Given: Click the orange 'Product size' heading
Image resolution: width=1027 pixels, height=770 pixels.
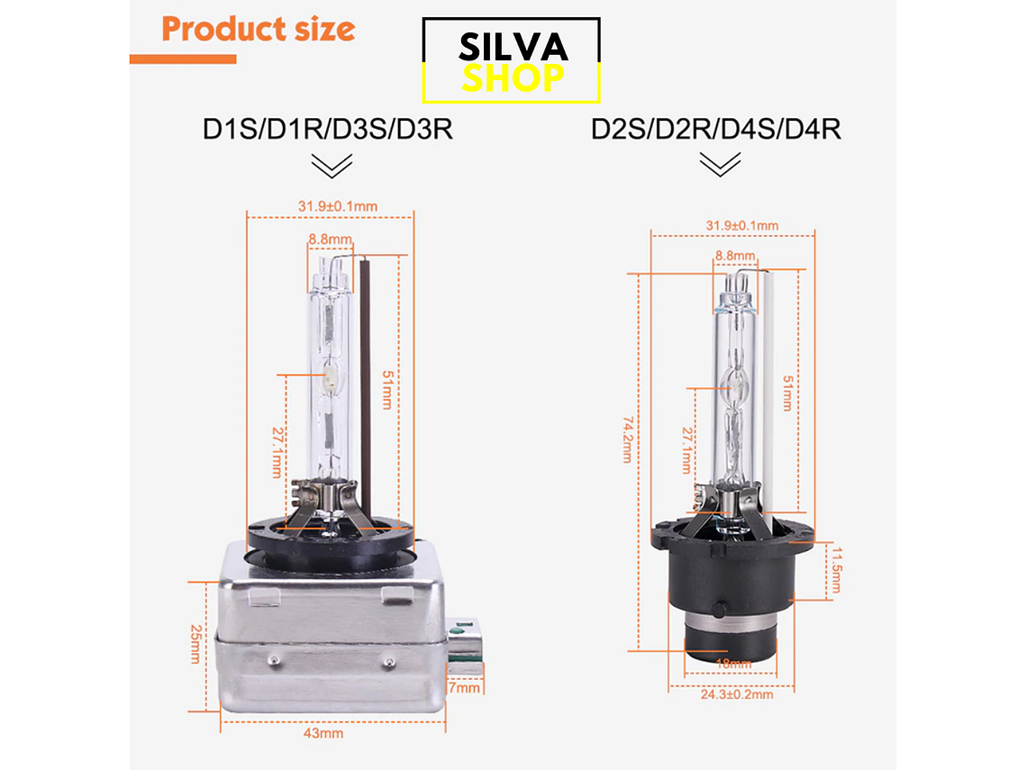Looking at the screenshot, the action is click(x=258, y=29).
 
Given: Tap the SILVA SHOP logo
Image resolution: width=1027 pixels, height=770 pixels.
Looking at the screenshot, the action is click(x=511, y=60).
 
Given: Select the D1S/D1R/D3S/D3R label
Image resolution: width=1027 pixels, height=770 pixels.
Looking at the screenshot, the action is click(x=328, y=129).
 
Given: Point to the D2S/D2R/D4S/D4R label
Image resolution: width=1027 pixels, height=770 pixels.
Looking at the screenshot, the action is click(x=716, y=129).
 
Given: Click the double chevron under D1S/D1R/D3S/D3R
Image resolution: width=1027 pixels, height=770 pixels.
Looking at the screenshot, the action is click(x=332, y=166).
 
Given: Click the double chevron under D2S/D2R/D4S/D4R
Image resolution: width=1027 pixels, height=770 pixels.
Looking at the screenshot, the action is click(x=720, y=164).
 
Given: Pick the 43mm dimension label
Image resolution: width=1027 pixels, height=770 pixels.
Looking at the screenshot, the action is click(x=323, y=733).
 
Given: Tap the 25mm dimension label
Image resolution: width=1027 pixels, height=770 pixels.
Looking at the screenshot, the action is click(x=195, y=644).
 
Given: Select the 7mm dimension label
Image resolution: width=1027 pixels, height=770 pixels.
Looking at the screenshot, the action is click(x=464, y=688).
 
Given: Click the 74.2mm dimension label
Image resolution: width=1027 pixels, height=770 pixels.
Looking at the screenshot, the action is click(x=628, y=439).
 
